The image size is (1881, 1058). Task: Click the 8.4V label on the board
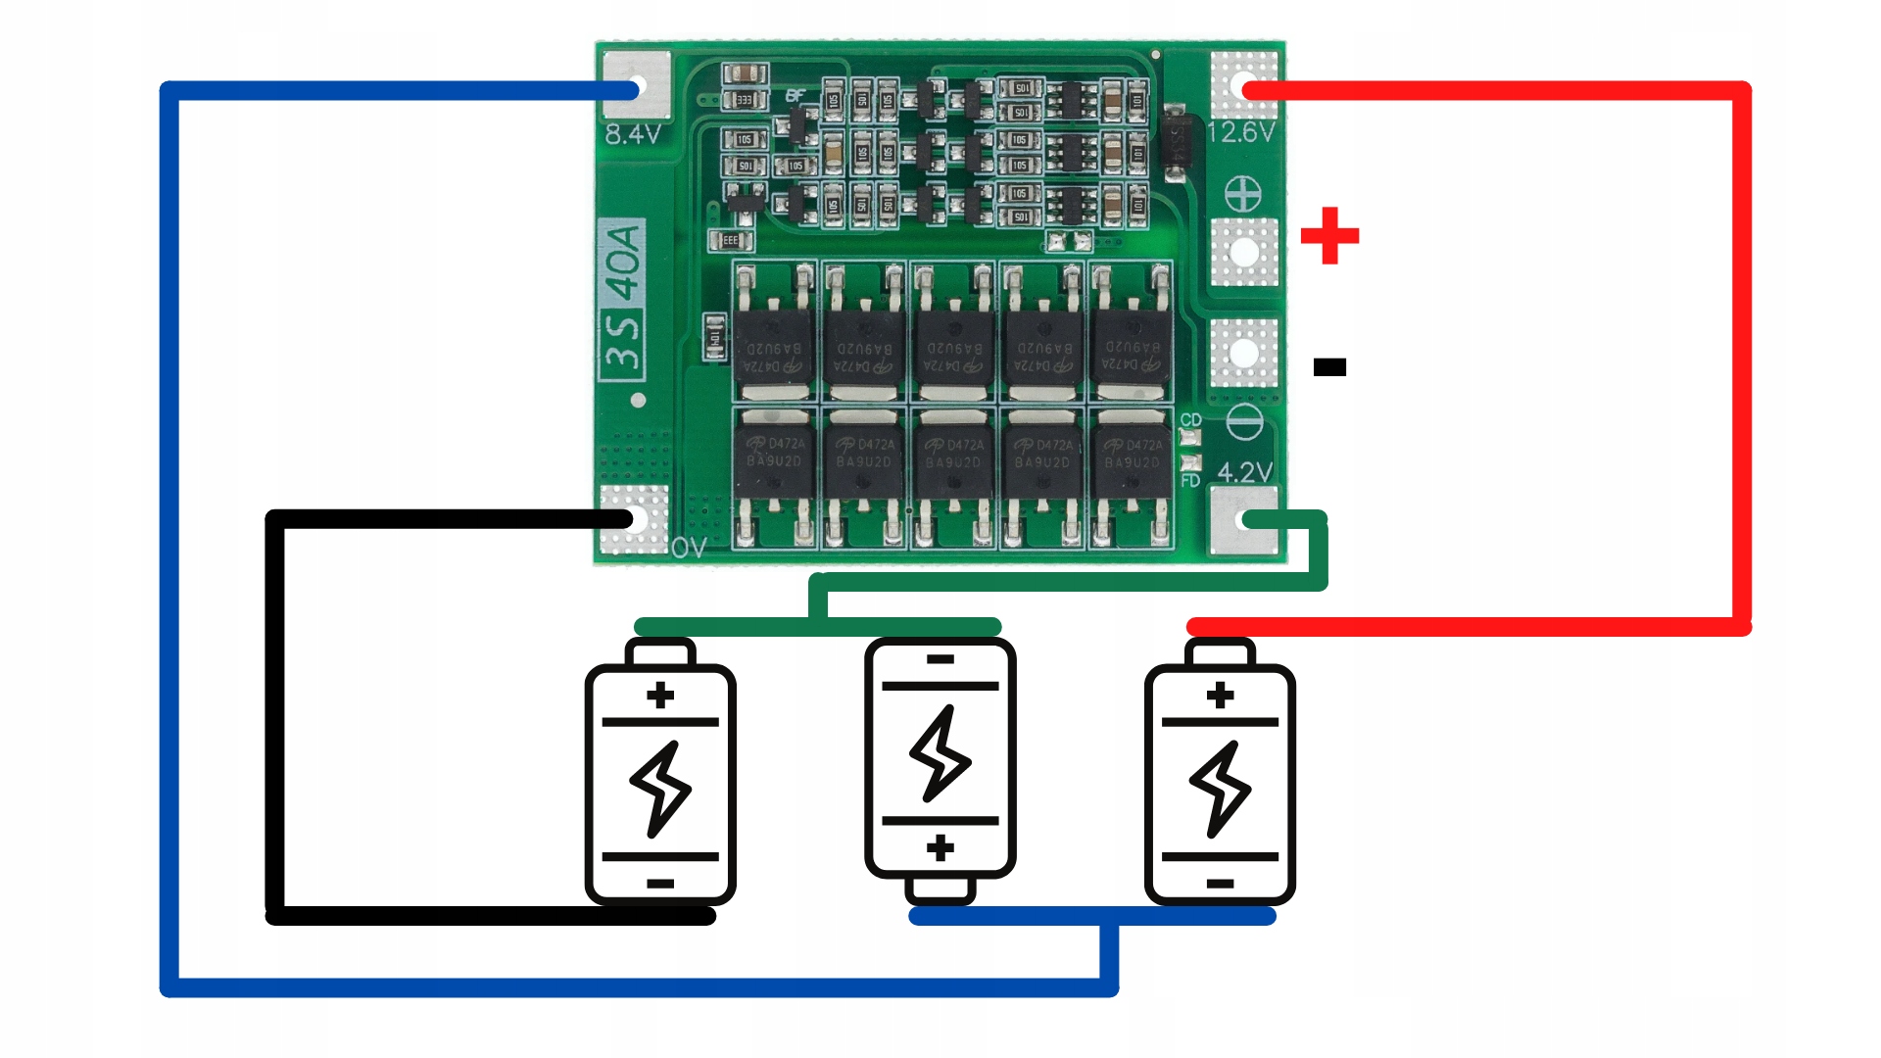click(x=632, y=134)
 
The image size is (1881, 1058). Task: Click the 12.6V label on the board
click(x=1240, y=132)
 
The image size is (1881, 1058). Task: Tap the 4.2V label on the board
click(x=1244, y=472)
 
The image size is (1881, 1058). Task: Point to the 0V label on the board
click(x=689, y=548)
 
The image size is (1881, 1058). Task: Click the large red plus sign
click(x=1329, y=236)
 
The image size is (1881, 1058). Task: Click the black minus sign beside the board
click(x=1329, y=367)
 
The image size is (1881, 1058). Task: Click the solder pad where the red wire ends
click(x=1244, y=87)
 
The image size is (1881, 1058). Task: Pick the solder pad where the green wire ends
click(x=1245, y=520)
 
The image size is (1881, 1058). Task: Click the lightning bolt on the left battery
click(x=660, y=789)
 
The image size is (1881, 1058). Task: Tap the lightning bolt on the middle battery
click(x=940, y=753)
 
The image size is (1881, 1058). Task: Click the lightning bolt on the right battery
click(x=1220, y=789)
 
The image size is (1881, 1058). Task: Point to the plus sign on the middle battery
click(x=940, y=847)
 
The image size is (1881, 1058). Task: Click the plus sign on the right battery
click(x=1220, y=696)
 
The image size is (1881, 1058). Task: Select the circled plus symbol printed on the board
click(x=1243, y=195)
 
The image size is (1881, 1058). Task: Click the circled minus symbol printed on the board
click(x=1244, y=422)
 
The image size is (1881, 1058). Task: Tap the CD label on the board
click(x=1190, y=419)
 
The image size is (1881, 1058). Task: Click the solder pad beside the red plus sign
click(x=1244, y=252)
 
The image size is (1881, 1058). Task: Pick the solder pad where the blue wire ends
click(x=636, y=87)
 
